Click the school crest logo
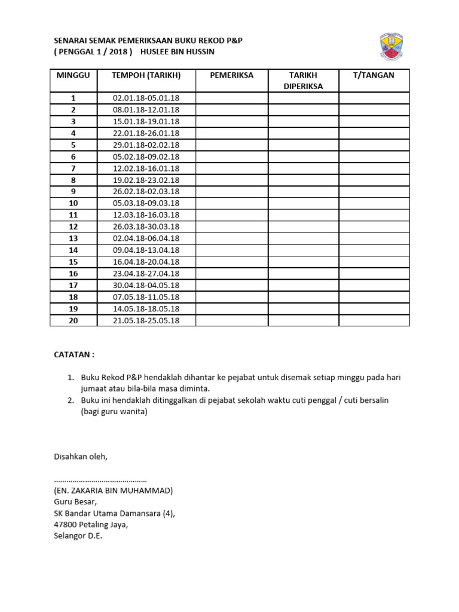pyautogui.click(x=395, y=47)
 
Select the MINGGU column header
pyautogui.click(x=73, y=75)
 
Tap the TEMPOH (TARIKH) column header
pyautogui.click(x=146, y=75)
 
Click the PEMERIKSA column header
pyautogui.click(x=231, y=75)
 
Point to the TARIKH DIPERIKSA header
pyautogui.click(x=303, y=81)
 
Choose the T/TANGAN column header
pyautogui.click(x=374, y=75)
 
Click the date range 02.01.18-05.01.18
pyautogui.click(x=146, y=99)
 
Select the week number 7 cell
pyautogui.click(x=73, y=169)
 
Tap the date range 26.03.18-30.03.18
pyautogui.click(x=146, y=227)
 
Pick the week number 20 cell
pyautogui.click(x=73, y=320)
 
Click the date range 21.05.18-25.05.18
pyautogui.click(x=146, y=320)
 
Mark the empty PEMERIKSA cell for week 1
pyautogui.click(x=231, y=99)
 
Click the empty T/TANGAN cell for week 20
pyautogui.click(x=374, y=320)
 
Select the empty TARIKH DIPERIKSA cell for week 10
pyautogui.click(x=303, y=203)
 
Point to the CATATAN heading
pyautogui.click(x=74, y=354)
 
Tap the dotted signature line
pyautogui.click(x=100, y=480)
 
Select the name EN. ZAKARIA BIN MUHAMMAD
pyautogui.click(x=114, y=491)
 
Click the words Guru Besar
pyautogui.click(x=75, y=502)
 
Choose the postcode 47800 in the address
pyautogui.click(x=66, y=525)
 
